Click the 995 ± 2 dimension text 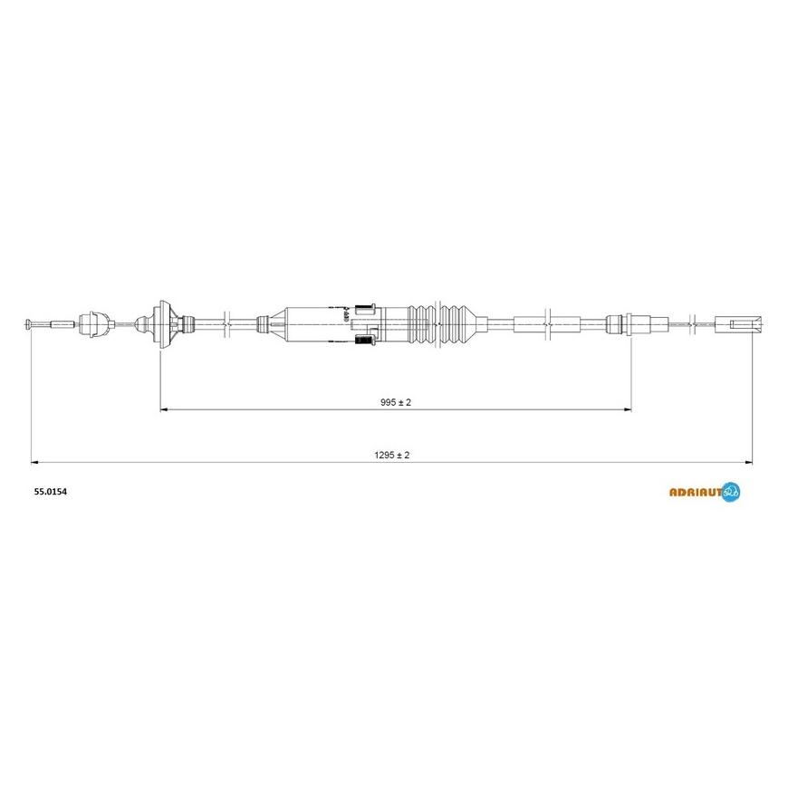click(396, 402)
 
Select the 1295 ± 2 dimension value click(392, 455)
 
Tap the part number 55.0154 click(50, 492)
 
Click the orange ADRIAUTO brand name click(696, 492)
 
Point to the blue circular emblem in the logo click(731, 492)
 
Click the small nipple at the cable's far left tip click(28, 324)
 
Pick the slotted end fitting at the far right click(738, 324)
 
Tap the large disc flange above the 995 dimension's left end click(163, 324)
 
